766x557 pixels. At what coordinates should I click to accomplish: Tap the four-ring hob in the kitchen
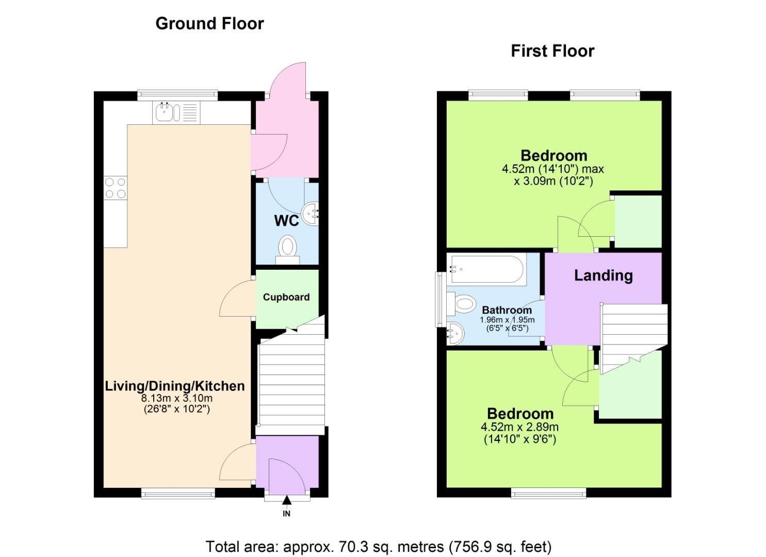(115, 188)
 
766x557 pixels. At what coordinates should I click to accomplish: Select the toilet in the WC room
(287, 249)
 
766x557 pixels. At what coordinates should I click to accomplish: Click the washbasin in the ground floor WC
(312, 213)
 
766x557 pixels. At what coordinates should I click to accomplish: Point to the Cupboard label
(286, 297)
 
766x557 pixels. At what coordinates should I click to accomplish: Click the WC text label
(286, 221)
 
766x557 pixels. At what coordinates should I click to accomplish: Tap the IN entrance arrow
(286, 500)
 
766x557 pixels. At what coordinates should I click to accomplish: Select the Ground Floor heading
(209, 24)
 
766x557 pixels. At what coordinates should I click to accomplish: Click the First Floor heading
(552, 51)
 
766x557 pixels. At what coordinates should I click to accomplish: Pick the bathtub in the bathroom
(486, 269)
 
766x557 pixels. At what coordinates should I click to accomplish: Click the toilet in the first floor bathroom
(462, 304)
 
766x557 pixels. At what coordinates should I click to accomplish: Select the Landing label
(603, 275)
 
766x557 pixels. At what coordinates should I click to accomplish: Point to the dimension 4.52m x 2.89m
(519, 427)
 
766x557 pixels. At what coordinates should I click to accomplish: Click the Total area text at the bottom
(378, 546)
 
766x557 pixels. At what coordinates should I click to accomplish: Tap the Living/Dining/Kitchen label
(175, 386)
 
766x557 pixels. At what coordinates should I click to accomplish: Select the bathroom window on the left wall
(440, 299)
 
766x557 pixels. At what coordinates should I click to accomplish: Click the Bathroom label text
(507, 310)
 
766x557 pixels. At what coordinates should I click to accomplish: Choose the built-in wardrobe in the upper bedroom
(638, 221)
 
